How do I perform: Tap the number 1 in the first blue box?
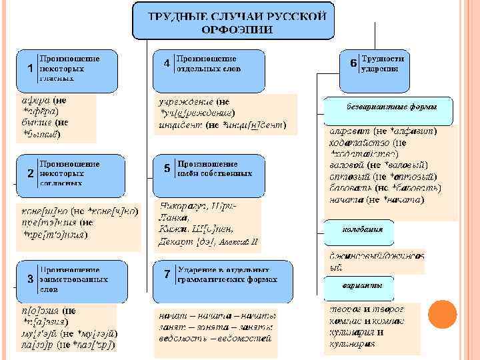coord(30,69)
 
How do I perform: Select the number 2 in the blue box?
coord(30,173)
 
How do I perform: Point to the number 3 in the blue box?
coord(30,278)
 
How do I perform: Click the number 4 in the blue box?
coord(166,64)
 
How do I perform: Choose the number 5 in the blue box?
coord(166,169)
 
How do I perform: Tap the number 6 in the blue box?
coord(353,63)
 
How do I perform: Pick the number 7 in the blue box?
coord(166,275)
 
